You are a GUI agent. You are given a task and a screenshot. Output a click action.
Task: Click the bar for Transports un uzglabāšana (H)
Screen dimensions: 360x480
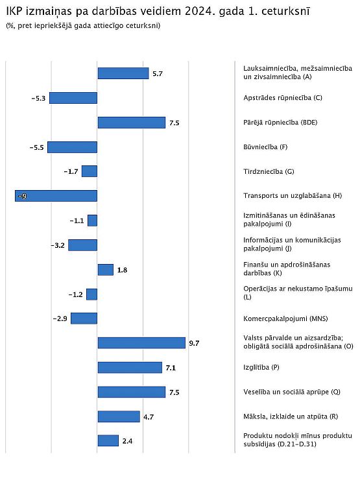click(x=56, y=196)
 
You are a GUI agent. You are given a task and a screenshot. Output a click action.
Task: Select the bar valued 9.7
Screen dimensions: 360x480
click(x=141, y=343)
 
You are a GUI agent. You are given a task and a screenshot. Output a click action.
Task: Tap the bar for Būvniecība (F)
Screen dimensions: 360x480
click(x=72, y=147)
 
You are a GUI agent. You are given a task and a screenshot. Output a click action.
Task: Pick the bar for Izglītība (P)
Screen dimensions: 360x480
click(x=130, y=367)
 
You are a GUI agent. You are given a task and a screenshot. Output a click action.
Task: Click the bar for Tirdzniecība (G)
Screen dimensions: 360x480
click(x=90, y=171)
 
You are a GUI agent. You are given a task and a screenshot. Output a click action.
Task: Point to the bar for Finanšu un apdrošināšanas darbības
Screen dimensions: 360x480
click(x=105, y=270)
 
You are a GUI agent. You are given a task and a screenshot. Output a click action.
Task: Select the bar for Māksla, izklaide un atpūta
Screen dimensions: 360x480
click(x=119, y=416)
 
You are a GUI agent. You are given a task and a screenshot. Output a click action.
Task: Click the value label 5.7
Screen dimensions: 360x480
click(x=158, y=74)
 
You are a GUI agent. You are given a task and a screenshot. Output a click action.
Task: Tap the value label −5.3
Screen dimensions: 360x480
click(x=38, y=98)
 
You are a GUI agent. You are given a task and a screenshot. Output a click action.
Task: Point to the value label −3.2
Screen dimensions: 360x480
click(x=58, y=245)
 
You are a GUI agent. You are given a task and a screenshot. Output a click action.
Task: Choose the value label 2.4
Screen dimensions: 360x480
click(x=127, y=441)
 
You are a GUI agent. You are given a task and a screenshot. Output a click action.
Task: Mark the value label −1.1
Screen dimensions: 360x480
click(x=77, y=221)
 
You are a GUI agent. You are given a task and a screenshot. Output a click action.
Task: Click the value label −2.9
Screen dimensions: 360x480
click(x=60, y=318)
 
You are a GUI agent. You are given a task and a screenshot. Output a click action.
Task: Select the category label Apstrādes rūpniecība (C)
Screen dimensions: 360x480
click(x=283, y=98)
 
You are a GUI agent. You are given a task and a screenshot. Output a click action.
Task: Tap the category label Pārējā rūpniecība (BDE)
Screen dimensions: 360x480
click(x=280, y=123)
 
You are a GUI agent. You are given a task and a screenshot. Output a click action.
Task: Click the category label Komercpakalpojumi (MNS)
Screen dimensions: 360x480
click(x=285, y=318)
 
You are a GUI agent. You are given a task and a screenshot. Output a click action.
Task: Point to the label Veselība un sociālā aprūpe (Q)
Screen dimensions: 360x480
click(x=292, y=392)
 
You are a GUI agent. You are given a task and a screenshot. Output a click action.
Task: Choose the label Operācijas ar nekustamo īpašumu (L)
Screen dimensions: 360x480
click(x=298, y=293)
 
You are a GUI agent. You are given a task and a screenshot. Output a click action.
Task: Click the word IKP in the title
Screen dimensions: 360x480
click(x=14, y=11)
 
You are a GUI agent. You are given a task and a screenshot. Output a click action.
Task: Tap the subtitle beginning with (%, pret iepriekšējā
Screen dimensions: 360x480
click(x=83, y=25)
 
